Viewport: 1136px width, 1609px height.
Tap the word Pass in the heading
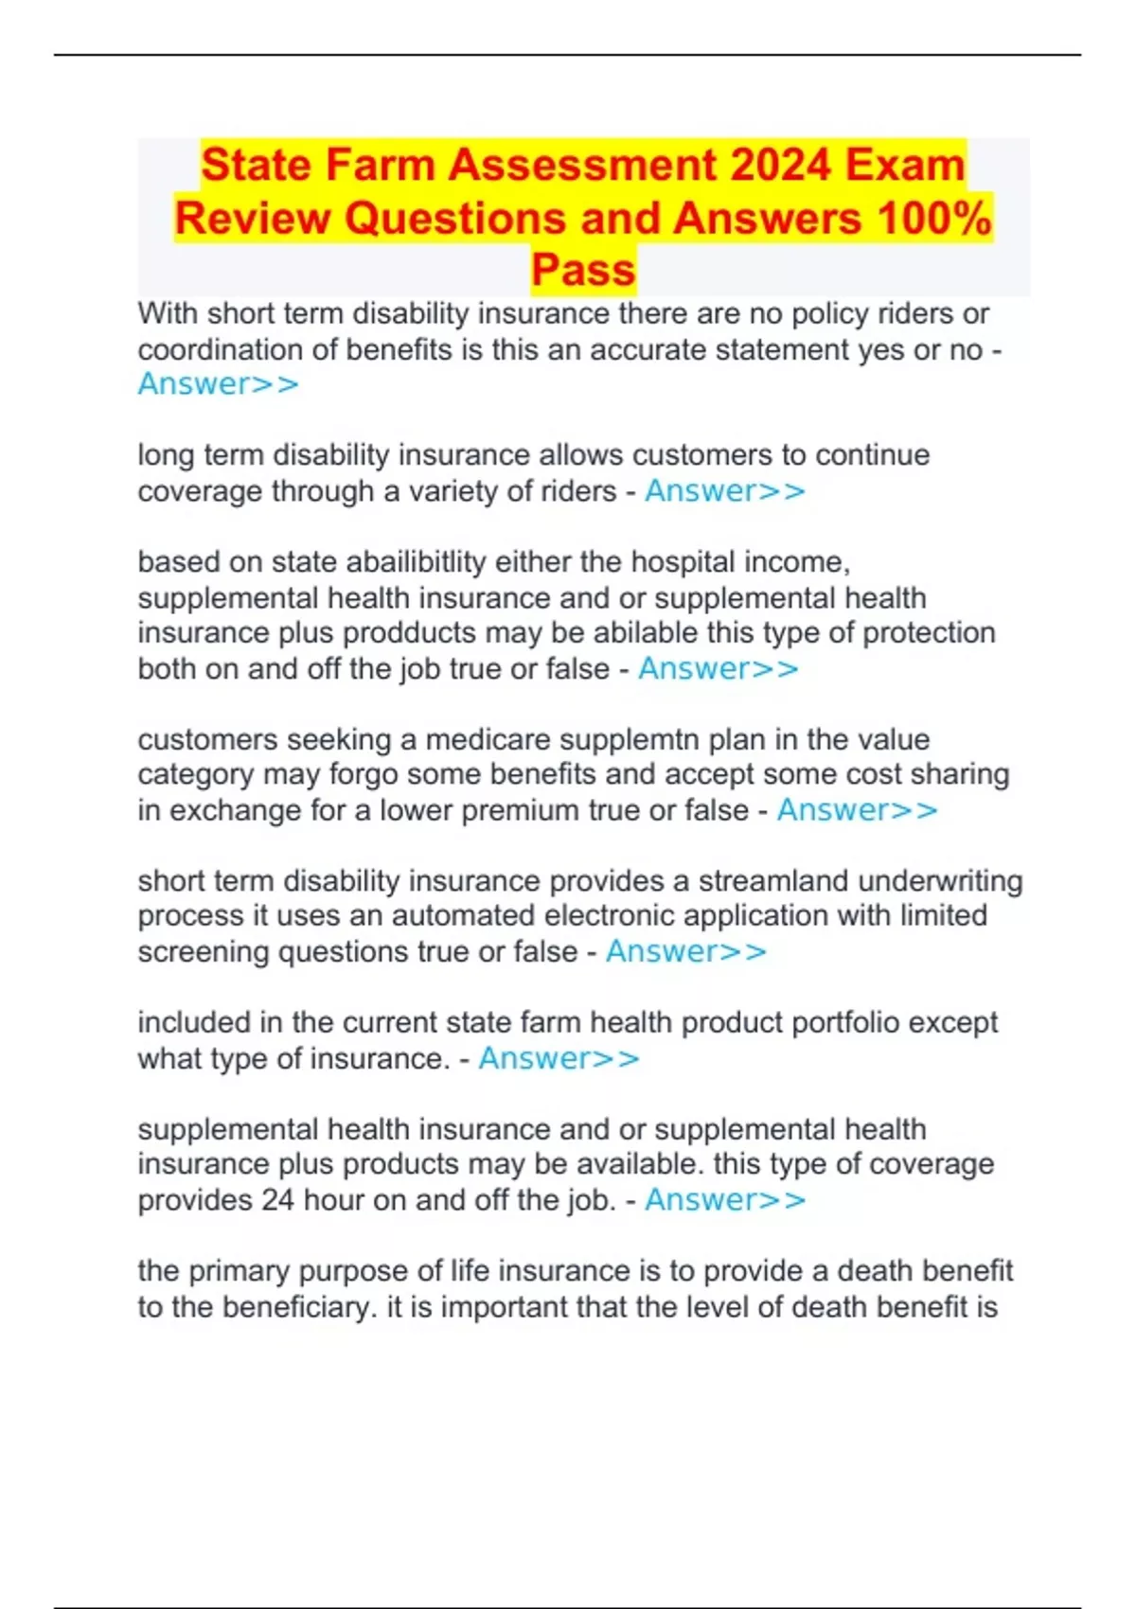[x=583, y=270]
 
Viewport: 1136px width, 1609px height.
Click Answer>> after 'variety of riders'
[x=725, y=491]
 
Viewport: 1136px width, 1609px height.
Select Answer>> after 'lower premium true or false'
[x=857, y=810]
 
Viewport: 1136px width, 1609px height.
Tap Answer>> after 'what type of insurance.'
[x=559, y=1058]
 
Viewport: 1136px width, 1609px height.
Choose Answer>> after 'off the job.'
[x=725, y=1200]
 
